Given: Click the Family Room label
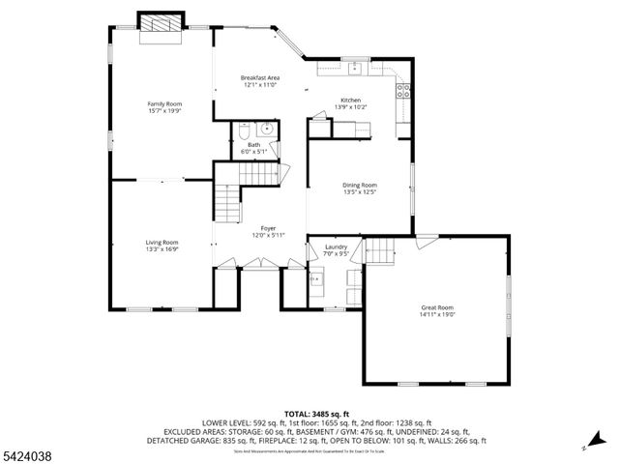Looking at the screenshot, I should pos(164,103).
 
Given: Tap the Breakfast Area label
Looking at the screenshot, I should pos(259,77).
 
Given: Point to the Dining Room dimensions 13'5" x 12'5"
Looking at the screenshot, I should pos(359,191).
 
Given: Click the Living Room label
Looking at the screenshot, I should pos(162,242).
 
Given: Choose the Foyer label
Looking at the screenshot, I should pos(268,228).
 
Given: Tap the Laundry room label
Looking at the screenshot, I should pos(336,247).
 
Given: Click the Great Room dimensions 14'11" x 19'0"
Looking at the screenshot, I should pos(437,314).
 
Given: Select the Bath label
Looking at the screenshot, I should pos(253,144).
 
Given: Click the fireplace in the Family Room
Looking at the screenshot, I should pos(161,27).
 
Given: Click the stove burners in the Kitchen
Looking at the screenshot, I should pos(403,92).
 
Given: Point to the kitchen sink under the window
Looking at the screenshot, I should pos(356,68).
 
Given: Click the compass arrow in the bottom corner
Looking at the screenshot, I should pos(585,447).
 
